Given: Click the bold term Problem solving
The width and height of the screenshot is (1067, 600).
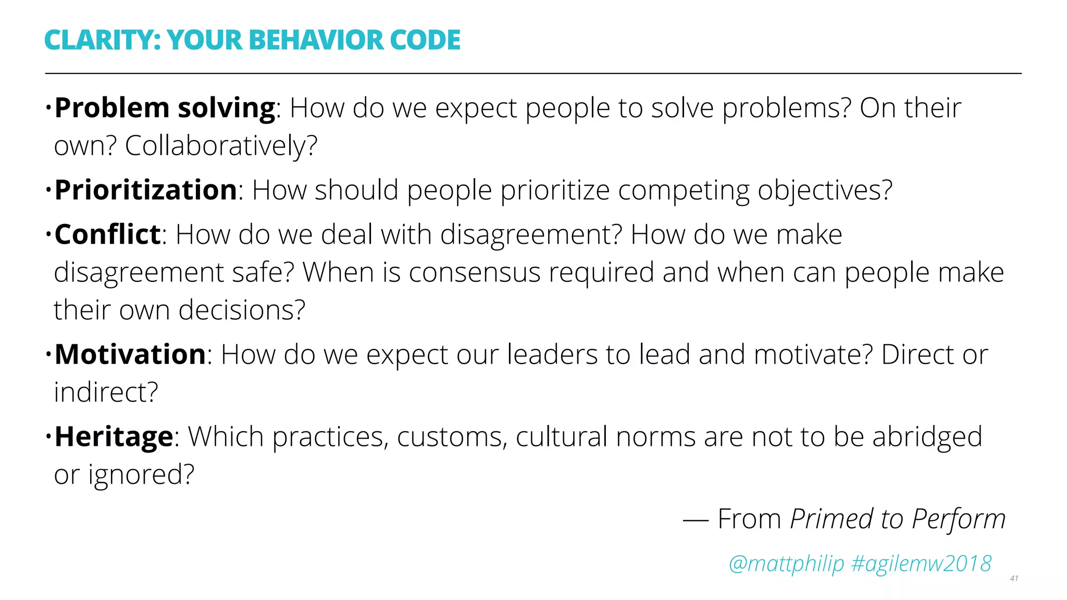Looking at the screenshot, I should [165, 108].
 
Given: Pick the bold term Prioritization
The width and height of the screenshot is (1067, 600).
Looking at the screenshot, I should [146, 190].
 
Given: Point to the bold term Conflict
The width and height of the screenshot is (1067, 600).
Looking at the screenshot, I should [107, 234].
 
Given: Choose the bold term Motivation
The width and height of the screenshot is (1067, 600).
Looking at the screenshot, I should [130, 355].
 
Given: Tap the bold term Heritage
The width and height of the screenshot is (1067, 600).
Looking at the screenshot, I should [114, 436].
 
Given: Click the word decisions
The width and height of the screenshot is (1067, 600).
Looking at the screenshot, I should [242, 310].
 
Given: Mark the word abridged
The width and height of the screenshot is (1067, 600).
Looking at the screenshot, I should [927, 437].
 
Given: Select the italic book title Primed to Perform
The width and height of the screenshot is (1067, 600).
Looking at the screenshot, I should [897, 519].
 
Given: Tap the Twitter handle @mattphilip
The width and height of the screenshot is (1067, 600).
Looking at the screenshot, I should [786, 564].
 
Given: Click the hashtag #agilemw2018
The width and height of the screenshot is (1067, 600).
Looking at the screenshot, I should [921, 564].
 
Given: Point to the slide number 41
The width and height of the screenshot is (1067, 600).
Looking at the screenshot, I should [1014, 578].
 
